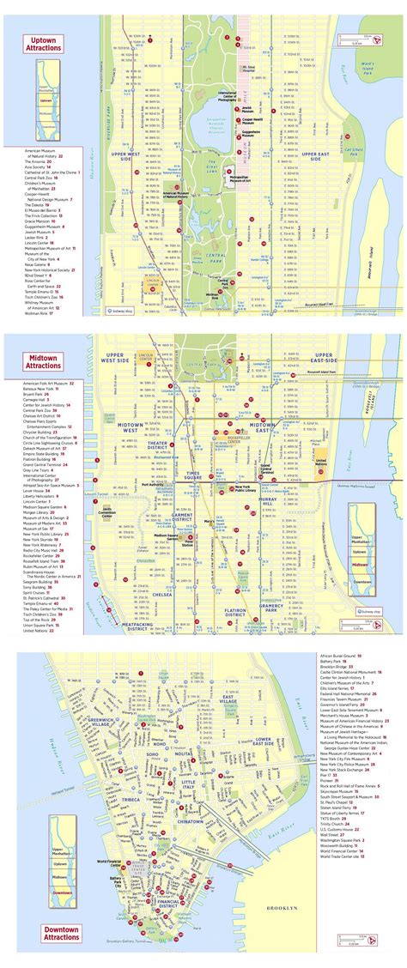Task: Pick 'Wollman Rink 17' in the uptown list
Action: (x=39, y=313)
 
